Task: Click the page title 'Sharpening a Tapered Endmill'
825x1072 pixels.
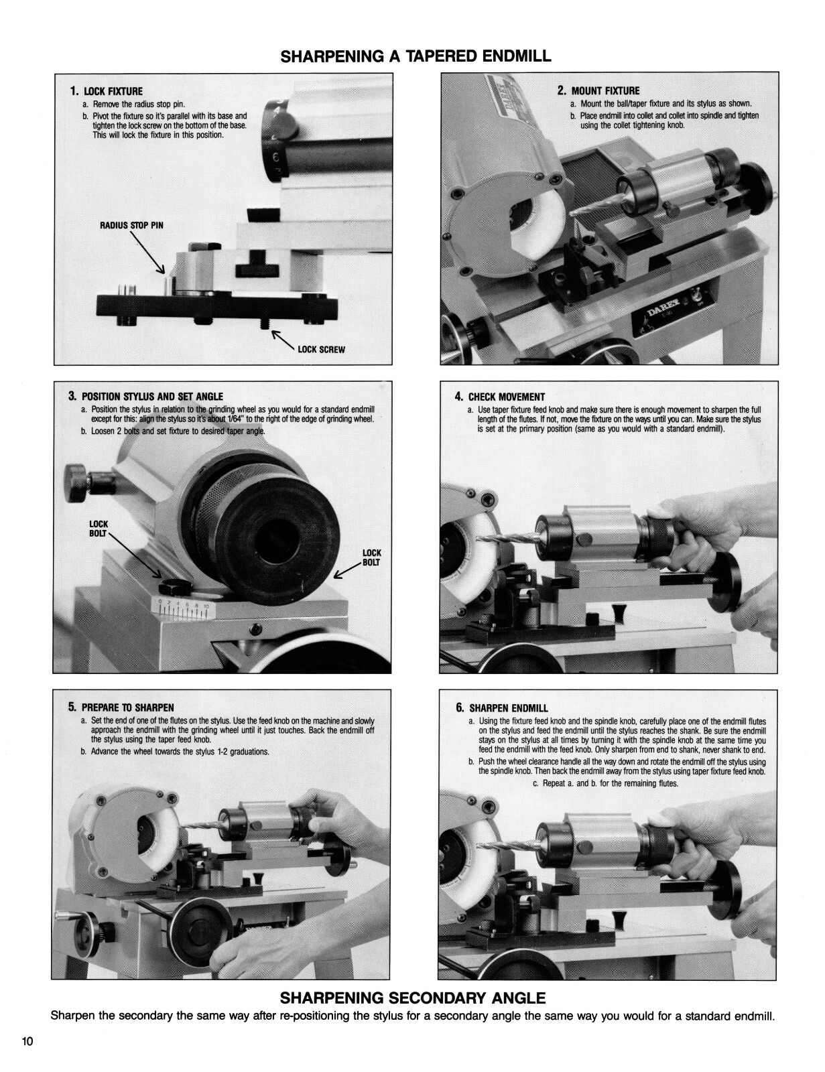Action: (416, 56)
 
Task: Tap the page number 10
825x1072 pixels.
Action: (27, 1041)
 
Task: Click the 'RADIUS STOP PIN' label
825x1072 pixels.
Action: (131, 225)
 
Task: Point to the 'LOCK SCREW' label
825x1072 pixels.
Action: (321, 350)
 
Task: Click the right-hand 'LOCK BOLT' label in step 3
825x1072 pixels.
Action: (371, 557)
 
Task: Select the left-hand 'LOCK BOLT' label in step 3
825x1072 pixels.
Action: (99, 529)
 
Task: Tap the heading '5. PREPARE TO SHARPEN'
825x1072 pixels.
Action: (121, 708)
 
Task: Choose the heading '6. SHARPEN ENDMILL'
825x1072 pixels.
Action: (501, 708)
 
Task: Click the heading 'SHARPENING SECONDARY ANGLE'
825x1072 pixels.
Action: (416, 998)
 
